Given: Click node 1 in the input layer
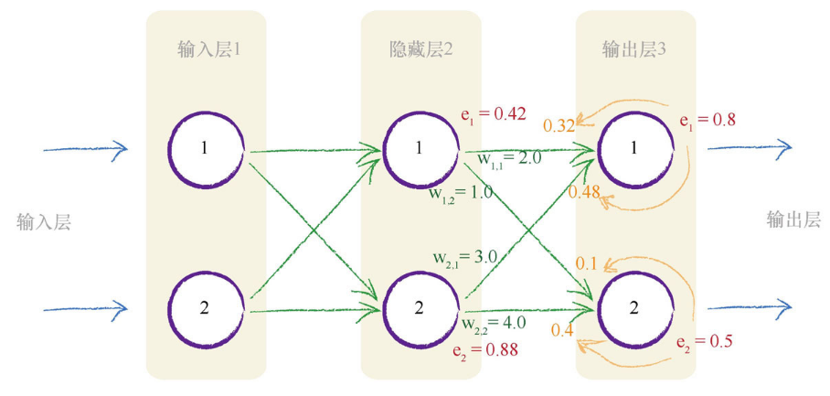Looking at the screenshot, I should point(206,149).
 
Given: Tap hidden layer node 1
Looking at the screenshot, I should point(420,149).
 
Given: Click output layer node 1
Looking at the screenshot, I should point(633,149).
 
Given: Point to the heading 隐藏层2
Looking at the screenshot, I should point(420,48).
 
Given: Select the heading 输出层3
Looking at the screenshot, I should point(634,48).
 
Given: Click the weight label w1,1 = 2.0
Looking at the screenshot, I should point(509,160).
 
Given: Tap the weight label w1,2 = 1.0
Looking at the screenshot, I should point(462,193).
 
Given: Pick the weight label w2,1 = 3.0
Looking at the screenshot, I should point(464,258).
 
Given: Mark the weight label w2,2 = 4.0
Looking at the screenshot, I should point(494,323).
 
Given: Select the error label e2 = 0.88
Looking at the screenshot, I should point(484,348).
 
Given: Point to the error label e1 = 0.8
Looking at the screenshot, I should point(708,119).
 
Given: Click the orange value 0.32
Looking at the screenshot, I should point(559,125).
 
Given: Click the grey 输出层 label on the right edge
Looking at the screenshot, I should point(793,219).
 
